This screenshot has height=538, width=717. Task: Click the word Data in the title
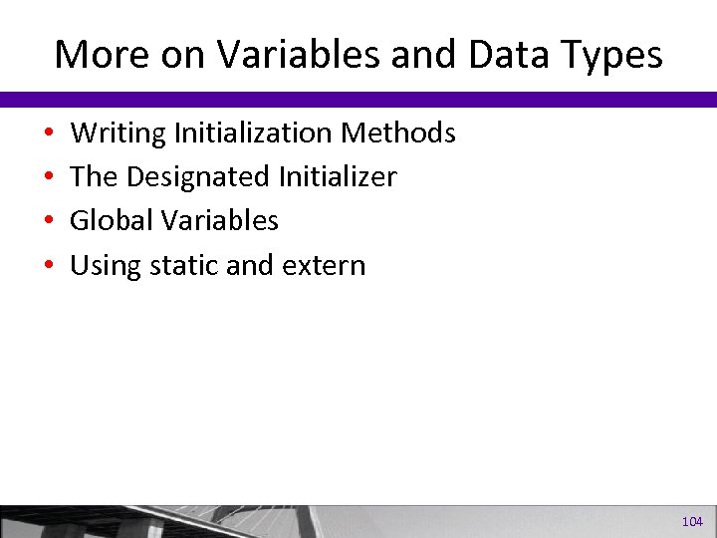click(504, 54)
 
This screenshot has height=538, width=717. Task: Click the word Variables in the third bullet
click(220, 220)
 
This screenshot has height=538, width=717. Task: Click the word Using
click(104, 265)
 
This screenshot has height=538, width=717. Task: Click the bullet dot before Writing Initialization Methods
click(49, 134)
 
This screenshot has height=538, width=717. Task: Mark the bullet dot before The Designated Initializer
click(49, 178)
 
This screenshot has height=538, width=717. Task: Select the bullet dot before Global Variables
click(49, 221)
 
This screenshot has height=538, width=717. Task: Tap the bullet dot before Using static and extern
click(49, 266)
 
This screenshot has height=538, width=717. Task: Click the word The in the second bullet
click(94, 177)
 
